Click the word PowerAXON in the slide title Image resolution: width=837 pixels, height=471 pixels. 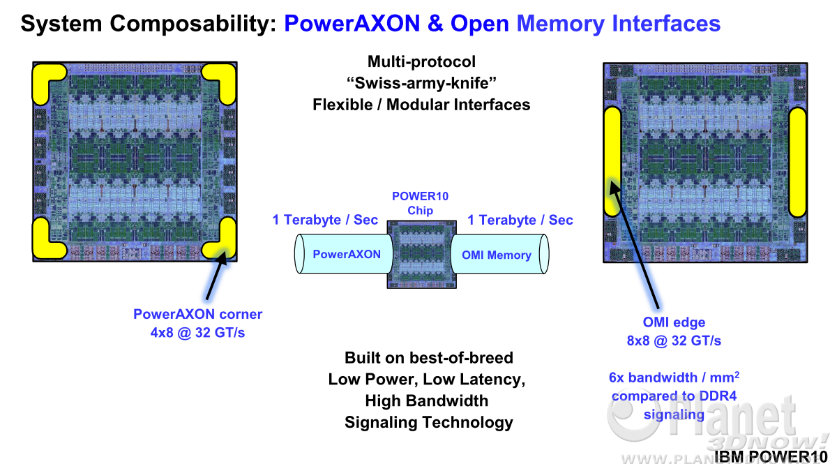pyautogui.click(x=352, y=23)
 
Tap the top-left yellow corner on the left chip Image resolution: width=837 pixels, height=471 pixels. pyautogui.click(x=42, y=77)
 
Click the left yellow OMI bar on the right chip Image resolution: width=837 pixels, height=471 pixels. pyautogui.click(x=612, y=161)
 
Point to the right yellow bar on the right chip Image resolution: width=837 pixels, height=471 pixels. pyautogui.click(x=797, y=163)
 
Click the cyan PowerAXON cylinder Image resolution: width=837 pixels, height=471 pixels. pyautogui.click(x=344, y=254)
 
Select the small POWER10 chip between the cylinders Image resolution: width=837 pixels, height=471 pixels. pyautogui.click(x=421, y=255)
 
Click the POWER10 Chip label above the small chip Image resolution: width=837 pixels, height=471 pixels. pyautogui.click(x=420, y=203)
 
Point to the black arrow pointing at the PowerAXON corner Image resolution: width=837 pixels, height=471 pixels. pyautogui.click(x=216, y=275)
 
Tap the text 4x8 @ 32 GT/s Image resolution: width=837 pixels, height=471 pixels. pyautogui.click(x=197, y=332)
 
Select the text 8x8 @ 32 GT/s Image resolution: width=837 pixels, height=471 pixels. pyautogui.click(x=674, y=341)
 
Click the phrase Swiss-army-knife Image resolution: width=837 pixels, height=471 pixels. pyautogui.click(x=421, y=83)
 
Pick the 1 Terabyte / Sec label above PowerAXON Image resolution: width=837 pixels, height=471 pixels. pyautogui.click(x=325, y=220)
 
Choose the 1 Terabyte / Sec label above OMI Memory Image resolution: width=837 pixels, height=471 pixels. pyautogui.click(x=520, y=220)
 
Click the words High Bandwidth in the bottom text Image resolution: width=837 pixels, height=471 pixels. pyautogui.click(x=427, y=401)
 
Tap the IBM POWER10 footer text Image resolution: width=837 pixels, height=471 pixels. pyautogui.click(x=771, y=457)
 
